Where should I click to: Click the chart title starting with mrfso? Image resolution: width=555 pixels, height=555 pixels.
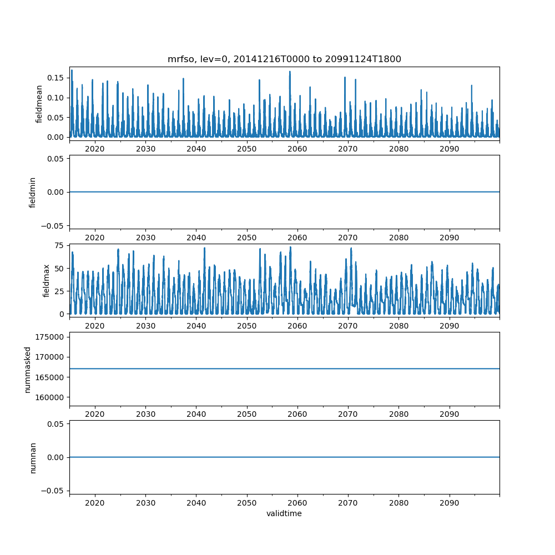(x=284, y=59)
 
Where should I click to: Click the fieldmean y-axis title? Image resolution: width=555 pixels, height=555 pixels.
(x=39, y=104)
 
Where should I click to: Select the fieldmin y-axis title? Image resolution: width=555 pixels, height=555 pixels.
(x=33, y=192)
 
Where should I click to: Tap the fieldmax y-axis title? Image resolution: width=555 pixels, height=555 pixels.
(x=46, y=280)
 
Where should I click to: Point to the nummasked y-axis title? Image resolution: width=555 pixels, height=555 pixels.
(x=27, y=369)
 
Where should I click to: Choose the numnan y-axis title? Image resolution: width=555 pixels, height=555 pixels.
(x=33, y=457)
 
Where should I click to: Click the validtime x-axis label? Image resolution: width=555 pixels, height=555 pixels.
(x=284, y=514)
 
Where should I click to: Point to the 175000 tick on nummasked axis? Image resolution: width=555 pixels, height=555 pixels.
(x=49, y=337)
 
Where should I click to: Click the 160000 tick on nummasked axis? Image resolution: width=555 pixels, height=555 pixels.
(x=49, y=397)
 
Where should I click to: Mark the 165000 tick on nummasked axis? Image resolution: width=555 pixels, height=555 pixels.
(x=49, y=377)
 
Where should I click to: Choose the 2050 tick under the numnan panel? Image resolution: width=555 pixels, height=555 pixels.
(x=247, y=503)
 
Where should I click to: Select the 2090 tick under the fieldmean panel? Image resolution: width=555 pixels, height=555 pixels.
(x=450, y=149)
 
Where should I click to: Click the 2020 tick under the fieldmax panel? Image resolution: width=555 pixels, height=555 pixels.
(x=95, y=326)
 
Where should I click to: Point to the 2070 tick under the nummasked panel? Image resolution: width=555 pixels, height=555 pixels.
(x=348, y=414)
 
